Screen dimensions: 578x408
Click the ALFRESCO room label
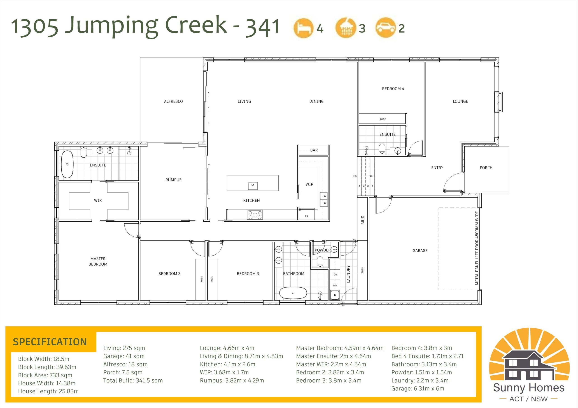click(173, 101)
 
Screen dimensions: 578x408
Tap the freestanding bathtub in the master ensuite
click(67, 164)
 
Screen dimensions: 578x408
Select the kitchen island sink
click(252, 186)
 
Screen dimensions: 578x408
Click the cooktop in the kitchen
click(255, 215)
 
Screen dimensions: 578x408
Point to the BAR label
click(314, 150)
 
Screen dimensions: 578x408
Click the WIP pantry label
click(309, 184)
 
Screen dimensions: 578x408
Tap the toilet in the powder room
click(320, 262)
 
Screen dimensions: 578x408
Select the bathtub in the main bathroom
click(293, 293)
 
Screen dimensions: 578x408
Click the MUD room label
click(363, 220)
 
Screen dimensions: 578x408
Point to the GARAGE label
click(420, 250)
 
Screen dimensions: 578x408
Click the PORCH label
click(486, 168)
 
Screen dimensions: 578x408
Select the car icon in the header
click(385, 28)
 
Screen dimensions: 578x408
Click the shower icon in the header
click(346, 28)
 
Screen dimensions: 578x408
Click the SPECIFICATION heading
click(50, 342)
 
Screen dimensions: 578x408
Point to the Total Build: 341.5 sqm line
click(133, 380)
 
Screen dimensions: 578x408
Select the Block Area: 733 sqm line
click(45, 375)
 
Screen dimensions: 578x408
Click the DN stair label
click(355, 176)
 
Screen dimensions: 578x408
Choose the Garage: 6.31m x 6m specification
click(418, 388)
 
